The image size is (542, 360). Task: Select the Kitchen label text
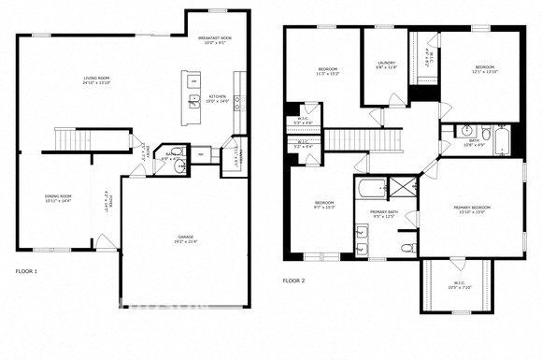217,98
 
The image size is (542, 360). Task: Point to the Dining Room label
58,198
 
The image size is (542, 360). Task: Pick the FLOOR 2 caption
294,280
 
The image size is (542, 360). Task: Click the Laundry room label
387,65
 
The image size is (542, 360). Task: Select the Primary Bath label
384,214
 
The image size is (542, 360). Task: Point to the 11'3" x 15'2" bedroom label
327,70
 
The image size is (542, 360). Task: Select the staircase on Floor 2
370,139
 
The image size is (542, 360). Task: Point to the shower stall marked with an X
403,187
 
